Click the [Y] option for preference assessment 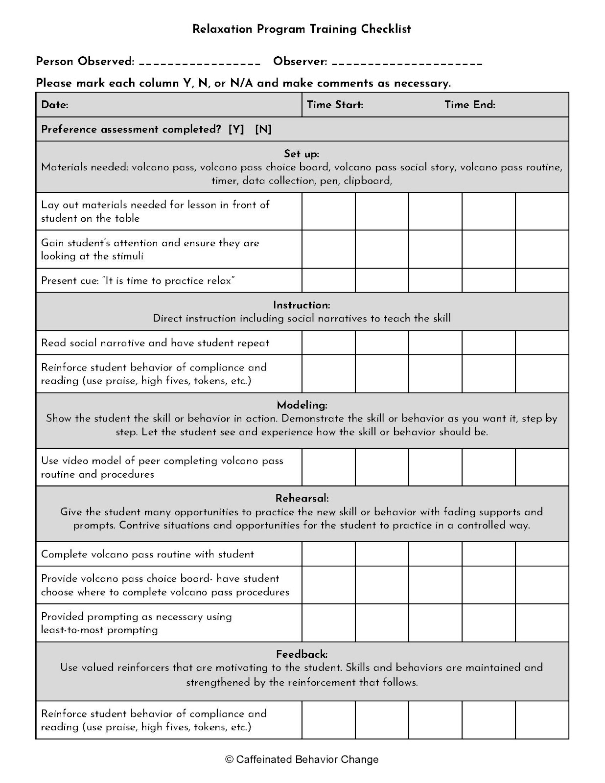pos(236,129)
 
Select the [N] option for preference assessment pos(263,129)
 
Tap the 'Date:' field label pos(54,105)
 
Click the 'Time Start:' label pos(335,105)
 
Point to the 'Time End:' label pos(469,105)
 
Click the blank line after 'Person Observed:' pos(199,64)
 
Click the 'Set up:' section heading pos(302,154)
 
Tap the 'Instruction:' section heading pos(302,305)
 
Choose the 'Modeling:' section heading pos(302,405)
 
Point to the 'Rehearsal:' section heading pos(302,498)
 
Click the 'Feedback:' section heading pos(302,654)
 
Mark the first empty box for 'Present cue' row pos(328,280)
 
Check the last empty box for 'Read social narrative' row pos(542,343)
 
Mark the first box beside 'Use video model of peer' pos(328,467)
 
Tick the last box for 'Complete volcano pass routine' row pos(542,554)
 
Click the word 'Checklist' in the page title pos(386,29)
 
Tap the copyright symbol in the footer pos(229,760)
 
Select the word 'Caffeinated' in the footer pos(264,760)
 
